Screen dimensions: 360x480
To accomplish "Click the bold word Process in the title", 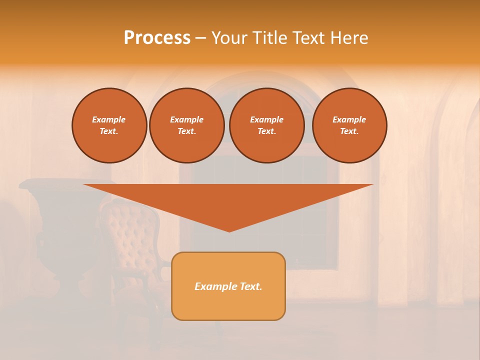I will click(x=157, y=38).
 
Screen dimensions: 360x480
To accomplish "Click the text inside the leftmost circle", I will click(x=109, y=125).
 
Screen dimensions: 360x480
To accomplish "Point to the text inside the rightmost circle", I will click(x=349, y=125).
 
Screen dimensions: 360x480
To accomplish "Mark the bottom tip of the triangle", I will click(x=229, y=230).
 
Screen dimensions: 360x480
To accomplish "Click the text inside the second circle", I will click(x=186, y=125).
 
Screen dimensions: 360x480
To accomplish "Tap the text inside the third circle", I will click(x=266, y=125).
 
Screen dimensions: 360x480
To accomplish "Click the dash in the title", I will click(x=200, y=38).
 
